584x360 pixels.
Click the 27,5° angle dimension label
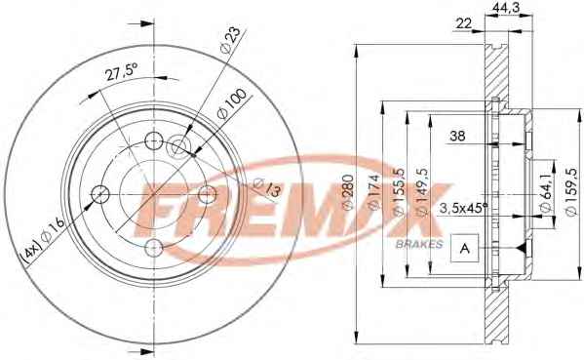pos(122,71)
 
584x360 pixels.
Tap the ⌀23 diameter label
pos(230,41)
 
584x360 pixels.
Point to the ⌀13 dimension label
pos(267,187)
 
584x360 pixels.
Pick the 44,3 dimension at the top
pos(506,8)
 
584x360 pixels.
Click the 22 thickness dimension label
pos(463,23)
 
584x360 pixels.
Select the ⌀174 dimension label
pos(373,192)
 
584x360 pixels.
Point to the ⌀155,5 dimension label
pos(398,191)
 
